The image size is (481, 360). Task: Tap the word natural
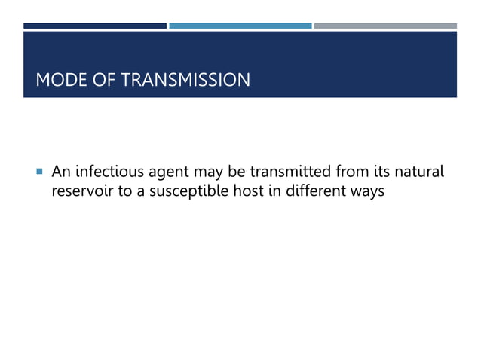point(418,173)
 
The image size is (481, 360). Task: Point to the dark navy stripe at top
point(94,26)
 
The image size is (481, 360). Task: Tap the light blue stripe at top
point(240,26)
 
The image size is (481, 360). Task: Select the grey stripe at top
point(385,26)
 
